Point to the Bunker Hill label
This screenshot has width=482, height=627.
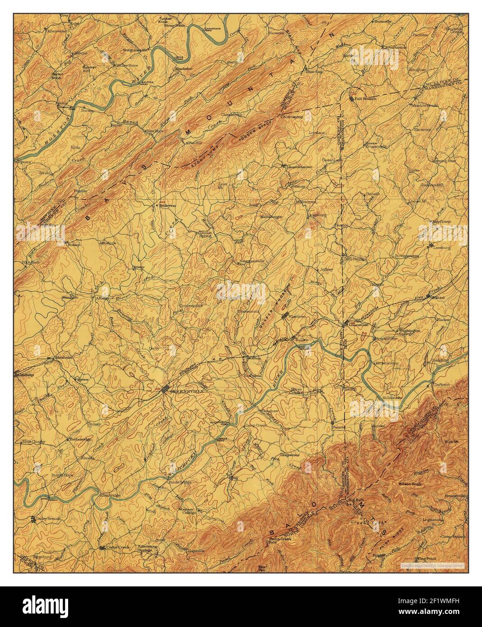(88, 69)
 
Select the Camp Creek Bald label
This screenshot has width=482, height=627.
(279, 540)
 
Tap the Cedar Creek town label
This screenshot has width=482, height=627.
(118, 547)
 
